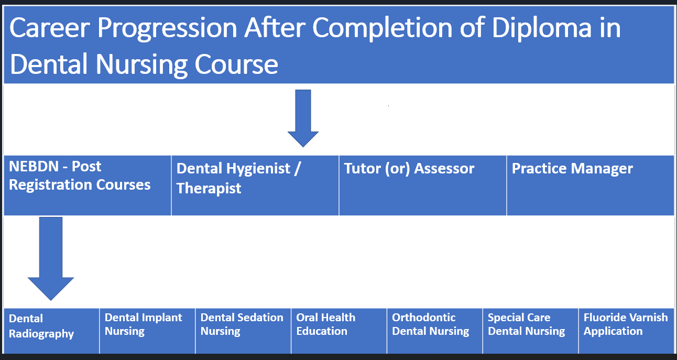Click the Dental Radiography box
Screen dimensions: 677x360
51,331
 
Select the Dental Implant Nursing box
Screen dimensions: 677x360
147,331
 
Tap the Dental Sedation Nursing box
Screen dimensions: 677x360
243,331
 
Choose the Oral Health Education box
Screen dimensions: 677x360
339,331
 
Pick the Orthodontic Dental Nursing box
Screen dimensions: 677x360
434,331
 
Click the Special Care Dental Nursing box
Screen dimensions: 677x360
530,331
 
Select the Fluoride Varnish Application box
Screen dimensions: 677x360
626,331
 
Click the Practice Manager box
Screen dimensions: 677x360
590,186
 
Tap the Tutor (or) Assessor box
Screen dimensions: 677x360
422,186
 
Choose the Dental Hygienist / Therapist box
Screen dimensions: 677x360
255,186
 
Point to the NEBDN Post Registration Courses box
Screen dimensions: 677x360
88,186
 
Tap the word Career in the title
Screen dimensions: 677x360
50,28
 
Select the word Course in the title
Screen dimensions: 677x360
236,64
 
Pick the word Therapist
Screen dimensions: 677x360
209,189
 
